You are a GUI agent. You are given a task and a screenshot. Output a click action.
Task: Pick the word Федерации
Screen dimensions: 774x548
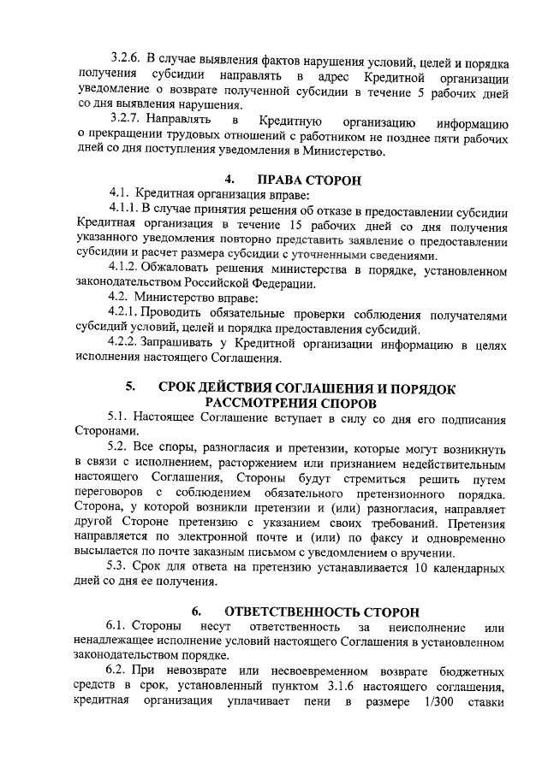click(280, 285)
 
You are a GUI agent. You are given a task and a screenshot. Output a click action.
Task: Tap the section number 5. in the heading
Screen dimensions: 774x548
click(130, 387)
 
